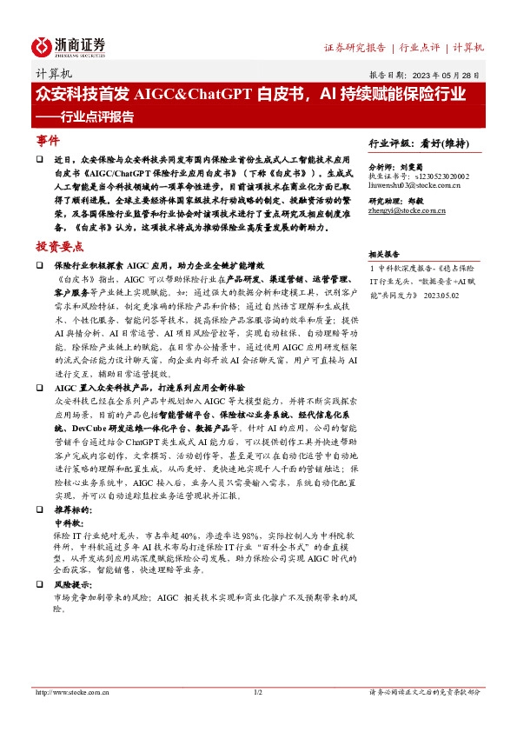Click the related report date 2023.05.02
click(448, 296)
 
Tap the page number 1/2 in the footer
click(258, 693)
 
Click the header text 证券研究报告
click(355, 47)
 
